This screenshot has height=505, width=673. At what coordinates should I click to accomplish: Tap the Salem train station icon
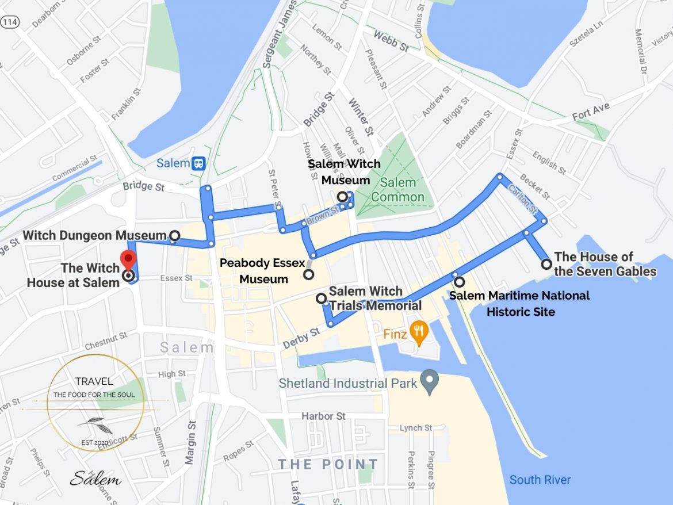(199, 163)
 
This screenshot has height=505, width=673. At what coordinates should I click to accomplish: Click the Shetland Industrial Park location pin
(429, 380)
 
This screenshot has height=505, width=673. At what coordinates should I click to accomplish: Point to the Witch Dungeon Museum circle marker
(174, 235)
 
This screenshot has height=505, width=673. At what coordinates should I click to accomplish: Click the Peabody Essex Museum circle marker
(309, 274)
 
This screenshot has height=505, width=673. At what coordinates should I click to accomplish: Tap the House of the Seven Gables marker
(546, 264)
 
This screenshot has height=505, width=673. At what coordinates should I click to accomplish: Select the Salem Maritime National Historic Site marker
(459, 282)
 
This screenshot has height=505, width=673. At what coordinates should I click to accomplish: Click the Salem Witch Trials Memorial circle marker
(321, 298)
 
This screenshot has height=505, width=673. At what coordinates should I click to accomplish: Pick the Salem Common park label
(397, 190)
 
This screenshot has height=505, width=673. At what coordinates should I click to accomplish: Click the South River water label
(540, 480)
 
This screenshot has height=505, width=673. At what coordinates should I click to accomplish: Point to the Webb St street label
(390, 40)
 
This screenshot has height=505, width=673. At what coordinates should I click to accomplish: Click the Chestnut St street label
(105, 341)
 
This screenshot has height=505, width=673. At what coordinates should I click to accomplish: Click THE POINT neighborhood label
(328, 464)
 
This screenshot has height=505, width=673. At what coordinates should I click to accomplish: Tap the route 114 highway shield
(9, 22)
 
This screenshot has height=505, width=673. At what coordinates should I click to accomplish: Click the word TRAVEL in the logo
(94, 381)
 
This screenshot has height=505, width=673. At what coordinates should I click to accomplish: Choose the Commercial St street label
(71, 169)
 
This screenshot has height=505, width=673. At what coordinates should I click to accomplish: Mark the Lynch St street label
(416, 428)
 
